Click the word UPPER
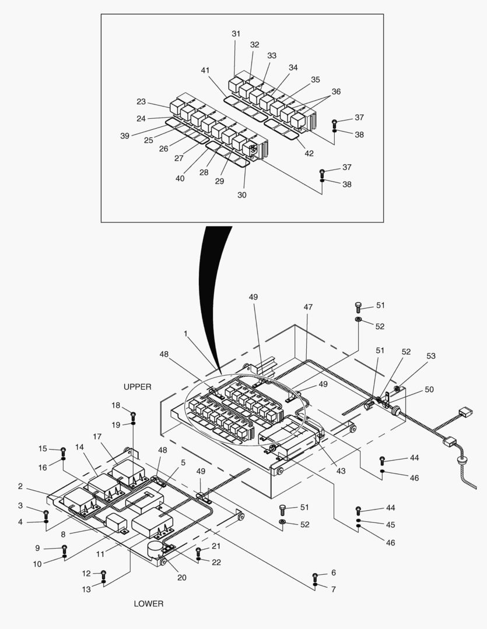pos(138,387)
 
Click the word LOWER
pos(149,603)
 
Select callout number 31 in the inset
pos(236,34)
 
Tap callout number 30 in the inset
pos(241,195)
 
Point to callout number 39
pos(125,136)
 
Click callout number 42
pos(309,154)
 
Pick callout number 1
pos(185,334)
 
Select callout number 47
pos(308,306)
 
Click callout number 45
pos(390,525)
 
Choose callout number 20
pos(182,577)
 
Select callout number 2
pos(20,486)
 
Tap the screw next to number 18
pos(134,415)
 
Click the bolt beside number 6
pos(315,577)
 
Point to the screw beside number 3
pos(46,513)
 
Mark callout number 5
pos(183,462)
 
